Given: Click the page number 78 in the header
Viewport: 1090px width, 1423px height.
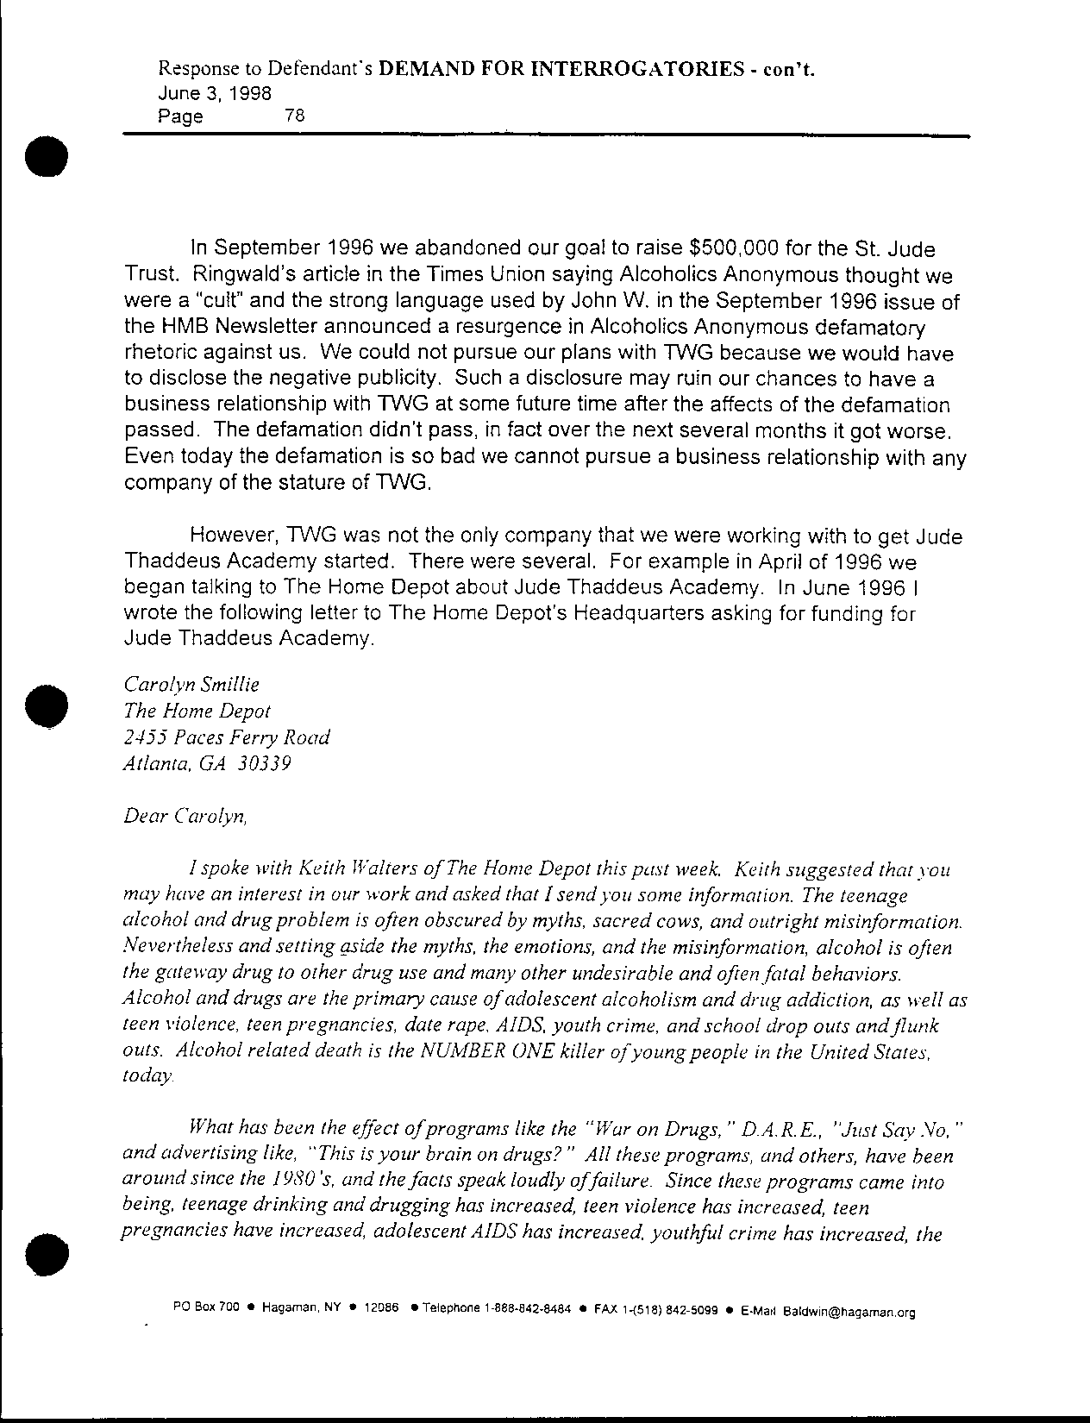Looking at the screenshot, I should pyautogui.click(x=294, y=115).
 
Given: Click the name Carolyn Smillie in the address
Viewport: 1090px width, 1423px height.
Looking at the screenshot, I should pyautogui.click(x=191, y=685).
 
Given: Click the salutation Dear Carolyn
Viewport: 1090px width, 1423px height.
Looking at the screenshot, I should pyautogui.click(x=186, y=816).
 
